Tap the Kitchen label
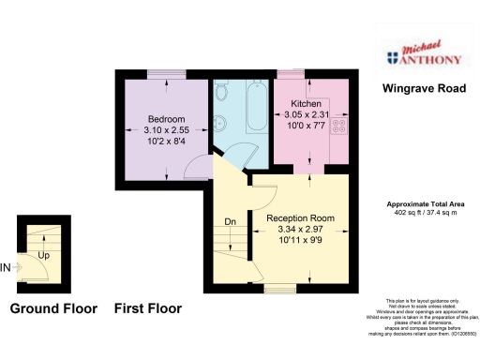point(307,103)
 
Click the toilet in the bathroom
point(222,92)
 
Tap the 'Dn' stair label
point(230,222)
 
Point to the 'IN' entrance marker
point(6,267)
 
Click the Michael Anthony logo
point(425,57)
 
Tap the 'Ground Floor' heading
point(52,307)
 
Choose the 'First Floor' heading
point(148,307)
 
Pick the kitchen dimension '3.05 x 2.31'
point(307,114)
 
